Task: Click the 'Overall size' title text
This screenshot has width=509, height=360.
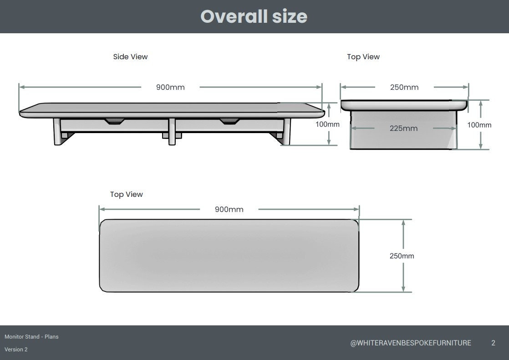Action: click(x=254, y=16)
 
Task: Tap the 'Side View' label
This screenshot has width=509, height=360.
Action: click(x=130, y=57)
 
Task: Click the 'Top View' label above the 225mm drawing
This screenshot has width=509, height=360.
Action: click(x=363, y=57)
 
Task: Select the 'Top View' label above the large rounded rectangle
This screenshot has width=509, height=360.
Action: click(x=126, y=194)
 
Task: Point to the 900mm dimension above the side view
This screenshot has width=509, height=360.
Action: click(x=170, y=87)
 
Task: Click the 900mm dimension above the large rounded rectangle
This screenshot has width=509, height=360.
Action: click(x=229, y=209)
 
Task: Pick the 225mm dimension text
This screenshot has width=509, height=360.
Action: click(x=403, y=128)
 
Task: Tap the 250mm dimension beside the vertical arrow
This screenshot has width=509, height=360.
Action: click(x=402, y=256)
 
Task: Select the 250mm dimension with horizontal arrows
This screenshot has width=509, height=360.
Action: click(x=404, y=87)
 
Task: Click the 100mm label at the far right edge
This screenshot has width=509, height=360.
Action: click(x=479, y=124)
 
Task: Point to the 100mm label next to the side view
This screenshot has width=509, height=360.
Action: click(x=327, y=124)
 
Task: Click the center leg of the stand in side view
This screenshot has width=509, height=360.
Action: click(x=172, y=132)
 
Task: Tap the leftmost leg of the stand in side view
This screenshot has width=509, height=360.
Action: click(x=58, y=132)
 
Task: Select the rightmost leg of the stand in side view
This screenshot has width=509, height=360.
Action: click(x=286, y=132)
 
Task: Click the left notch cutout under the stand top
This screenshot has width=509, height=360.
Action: click(x=113, y=121)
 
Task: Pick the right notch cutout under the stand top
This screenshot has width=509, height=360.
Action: click(x=229, y=121)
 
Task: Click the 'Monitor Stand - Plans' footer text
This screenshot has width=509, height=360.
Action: click(x=31, y=337)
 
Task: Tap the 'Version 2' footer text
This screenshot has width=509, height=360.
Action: click(x=16, y=350)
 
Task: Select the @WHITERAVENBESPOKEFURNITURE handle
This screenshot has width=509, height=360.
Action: click(x=410, y=343)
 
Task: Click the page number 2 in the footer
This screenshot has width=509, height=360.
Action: click(x=493, y=343)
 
